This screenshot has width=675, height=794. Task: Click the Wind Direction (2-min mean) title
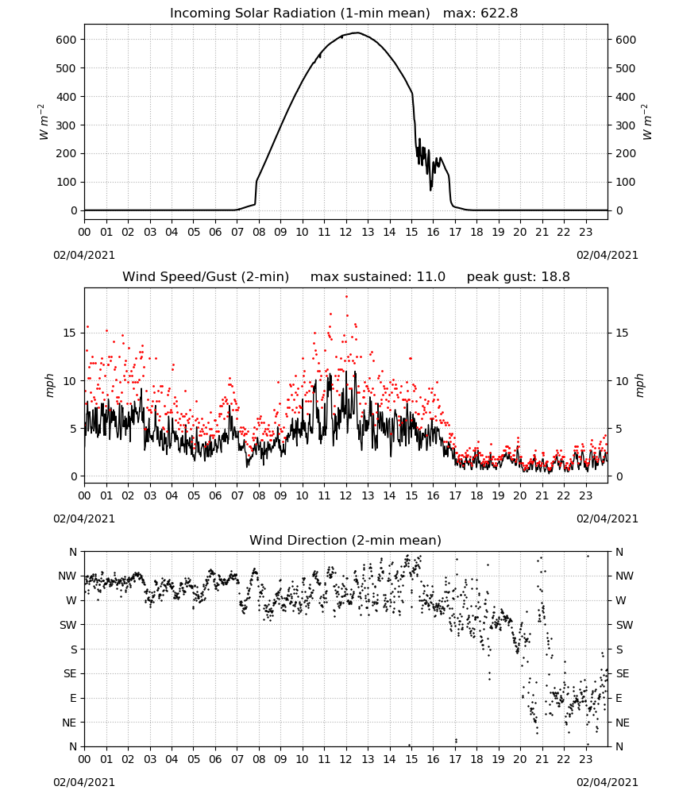click(345, 540)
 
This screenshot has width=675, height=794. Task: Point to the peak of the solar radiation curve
click(357, 33)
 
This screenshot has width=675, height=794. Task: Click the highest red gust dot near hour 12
click(346, 296)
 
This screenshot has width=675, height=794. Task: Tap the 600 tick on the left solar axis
click(67, 40)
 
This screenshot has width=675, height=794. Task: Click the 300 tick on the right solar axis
click(625, 125)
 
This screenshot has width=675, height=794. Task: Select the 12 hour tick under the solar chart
click(346, 232)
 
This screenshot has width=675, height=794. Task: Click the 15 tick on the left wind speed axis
click(70, 333)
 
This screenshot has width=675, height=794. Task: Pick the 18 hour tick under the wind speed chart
click(476, 495)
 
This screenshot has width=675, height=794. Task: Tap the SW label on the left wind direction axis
click(68, 625)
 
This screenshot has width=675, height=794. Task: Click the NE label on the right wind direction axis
click(623, 723)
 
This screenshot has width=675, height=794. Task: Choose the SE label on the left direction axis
click(70, 673)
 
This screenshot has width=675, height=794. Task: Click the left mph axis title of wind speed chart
click(49, 385)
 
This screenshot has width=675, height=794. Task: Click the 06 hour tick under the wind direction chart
click(215, 759)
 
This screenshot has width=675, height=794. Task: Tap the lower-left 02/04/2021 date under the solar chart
click(84, 255)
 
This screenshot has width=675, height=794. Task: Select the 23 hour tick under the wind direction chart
click(586, 759)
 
